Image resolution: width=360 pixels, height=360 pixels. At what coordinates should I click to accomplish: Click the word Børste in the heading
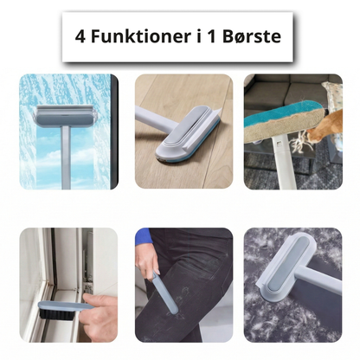252,36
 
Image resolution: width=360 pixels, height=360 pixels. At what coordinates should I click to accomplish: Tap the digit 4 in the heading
80,36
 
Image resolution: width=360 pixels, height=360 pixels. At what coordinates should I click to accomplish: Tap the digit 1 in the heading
212,36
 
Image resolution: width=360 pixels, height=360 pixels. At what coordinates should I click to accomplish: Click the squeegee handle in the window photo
66,158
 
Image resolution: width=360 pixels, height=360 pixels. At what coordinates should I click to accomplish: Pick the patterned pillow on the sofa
332,93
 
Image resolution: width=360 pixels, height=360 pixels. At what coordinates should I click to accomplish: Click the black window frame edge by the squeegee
114,132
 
